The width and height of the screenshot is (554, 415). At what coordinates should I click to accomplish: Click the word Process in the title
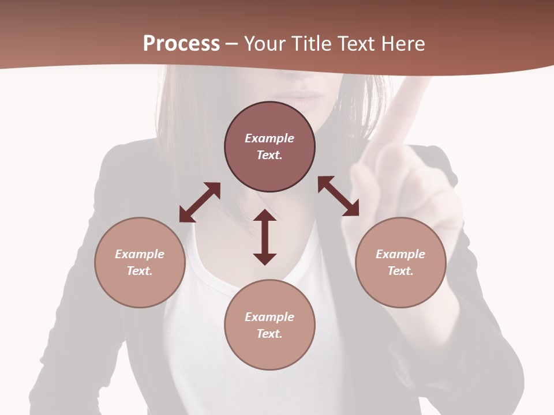pyautogui.click(x=181, y=44)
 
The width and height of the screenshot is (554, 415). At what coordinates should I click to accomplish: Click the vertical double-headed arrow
pyautogui.click(x=265, y=237)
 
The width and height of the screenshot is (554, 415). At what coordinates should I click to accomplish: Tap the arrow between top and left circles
pyautogui.click(x=200, y=202)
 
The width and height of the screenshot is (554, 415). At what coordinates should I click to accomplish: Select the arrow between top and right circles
pyautogui.click(x=338, y=196)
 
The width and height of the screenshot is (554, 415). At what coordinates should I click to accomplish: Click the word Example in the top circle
pyautogui.click(x=269, y=138)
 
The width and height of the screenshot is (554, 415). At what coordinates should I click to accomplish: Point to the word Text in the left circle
pyautogui.click(x=140, y=271)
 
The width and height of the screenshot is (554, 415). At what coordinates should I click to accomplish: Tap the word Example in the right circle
pyautogui.click(x=400, y=254)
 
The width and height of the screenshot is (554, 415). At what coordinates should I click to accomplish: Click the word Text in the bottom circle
pyautogui.click(x=269, y=334)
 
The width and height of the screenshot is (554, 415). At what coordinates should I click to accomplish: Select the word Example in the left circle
pyautogui.click(x=140, y=254)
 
